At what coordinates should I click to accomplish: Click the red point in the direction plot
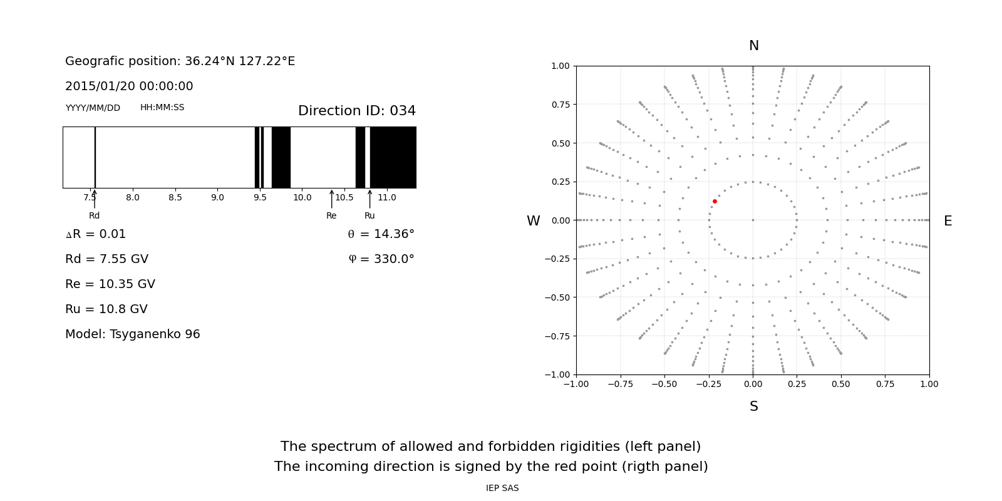pos(715,201)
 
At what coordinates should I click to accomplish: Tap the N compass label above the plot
pos(753,46)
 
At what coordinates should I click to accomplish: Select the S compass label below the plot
pos(753,406)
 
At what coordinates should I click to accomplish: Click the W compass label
pos(533,221)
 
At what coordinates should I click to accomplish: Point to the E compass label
pos(948,221)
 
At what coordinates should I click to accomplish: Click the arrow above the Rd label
pos(95,199)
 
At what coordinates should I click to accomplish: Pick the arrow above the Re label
pos(331,199)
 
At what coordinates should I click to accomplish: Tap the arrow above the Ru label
pos(369,199)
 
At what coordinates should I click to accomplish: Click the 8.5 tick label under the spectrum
pos(175,197)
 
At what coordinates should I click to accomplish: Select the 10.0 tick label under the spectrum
pos(302,197)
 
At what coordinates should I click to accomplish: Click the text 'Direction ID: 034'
pos(356,111)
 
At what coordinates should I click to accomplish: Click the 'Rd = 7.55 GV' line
pos(106,259)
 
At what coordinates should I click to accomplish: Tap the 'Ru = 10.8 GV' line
pos(106,309)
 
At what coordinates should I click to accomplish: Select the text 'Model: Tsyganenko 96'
pos(132,334)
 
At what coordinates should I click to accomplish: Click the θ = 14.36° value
pos(381,234)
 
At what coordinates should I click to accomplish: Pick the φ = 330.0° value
pos(381,259)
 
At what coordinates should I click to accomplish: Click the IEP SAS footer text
pos(502,488)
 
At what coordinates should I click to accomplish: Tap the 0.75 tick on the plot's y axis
pos(560,105)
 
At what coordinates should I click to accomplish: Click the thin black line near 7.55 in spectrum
pos(95,157)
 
